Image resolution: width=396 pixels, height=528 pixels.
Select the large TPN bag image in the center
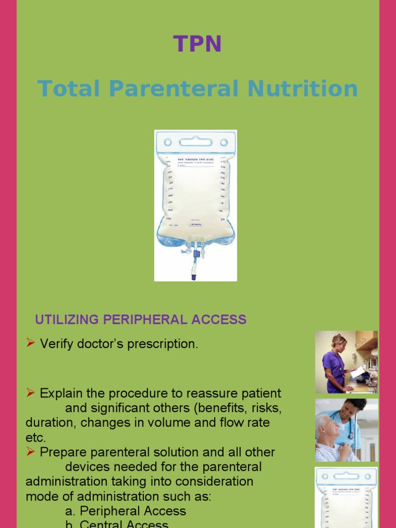(x=195, y=205)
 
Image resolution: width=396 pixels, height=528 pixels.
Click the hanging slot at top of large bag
(x=195, y=141)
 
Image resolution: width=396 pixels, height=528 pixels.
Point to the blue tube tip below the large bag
(x=194, y=276)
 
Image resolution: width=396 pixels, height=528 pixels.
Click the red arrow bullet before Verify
(x=30, y=343)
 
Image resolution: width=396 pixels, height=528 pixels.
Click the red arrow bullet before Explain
(x=30, y=393)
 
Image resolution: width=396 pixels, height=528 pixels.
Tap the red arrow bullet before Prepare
(x=30, y=452)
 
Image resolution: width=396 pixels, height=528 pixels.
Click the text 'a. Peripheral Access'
(x=125, y=511)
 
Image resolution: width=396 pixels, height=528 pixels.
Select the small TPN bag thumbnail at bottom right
(x=346, y=497)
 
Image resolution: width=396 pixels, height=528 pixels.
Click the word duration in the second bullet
(x=47, y=423)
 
